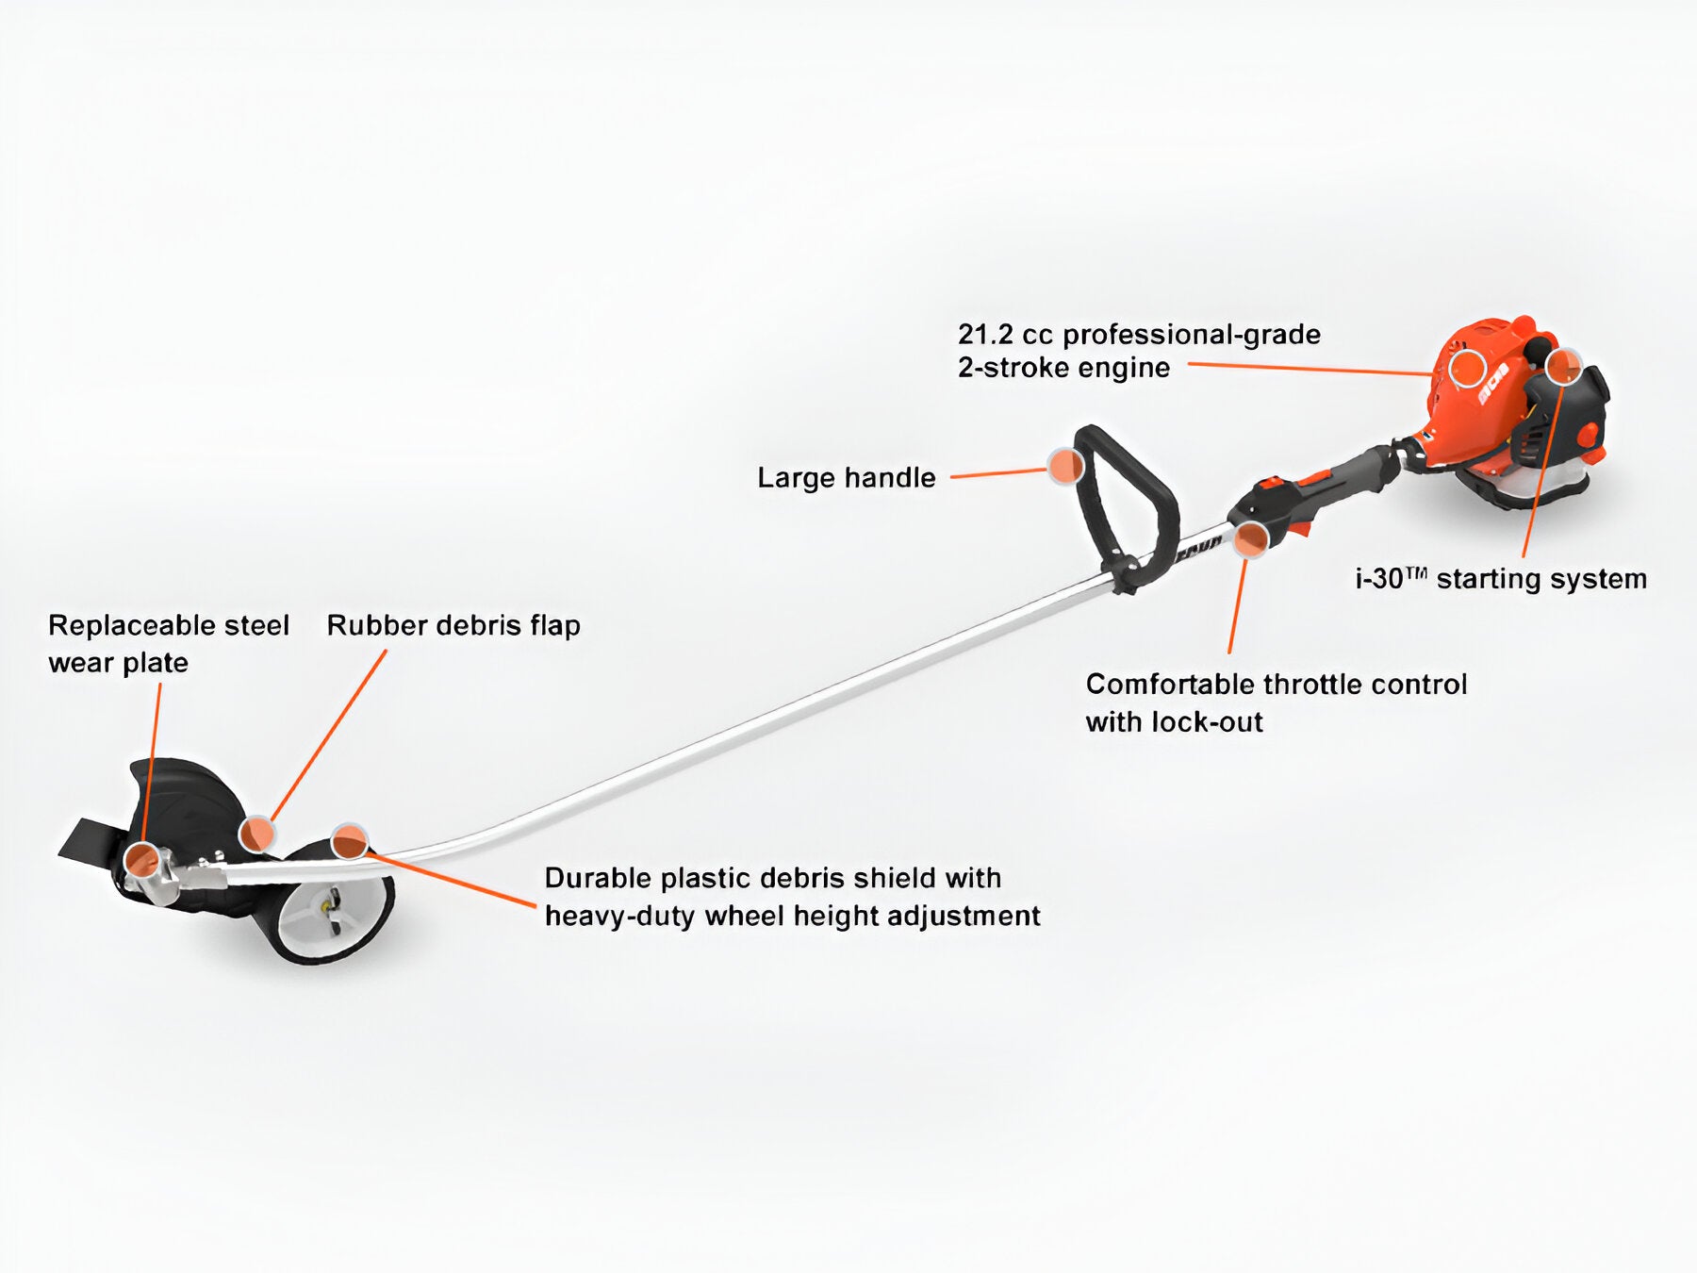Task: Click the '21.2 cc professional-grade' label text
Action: (x=1139, y=335)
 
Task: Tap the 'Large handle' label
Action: (x=846, y=478)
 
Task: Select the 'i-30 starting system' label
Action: (x=1501, y=579)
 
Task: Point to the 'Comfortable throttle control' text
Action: (x=1276, y=685)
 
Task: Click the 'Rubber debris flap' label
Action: (x=453, y=626)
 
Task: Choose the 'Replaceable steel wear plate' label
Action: (x=168, y=643)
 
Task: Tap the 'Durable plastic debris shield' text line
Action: (x=772, y=879)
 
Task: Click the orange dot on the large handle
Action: (x=1065, y=466)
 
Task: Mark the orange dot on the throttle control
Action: (x=1251, y=538)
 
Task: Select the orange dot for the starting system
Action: (x=1563, y=366)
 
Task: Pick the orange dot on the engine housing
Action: (x=1467, y=367)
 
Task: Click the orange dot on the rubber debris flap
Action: (x=255, y=834)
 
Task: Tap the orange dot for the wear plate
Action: (x=142, y=859)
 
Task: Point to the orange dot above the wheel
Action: (x=350, y=840)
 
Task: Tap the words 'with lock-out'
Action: (x=1174, y=723)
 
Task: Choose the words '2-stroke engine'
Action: (x=1063, y=368)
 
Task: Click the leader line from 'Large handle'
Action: (x=999, y=473)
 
